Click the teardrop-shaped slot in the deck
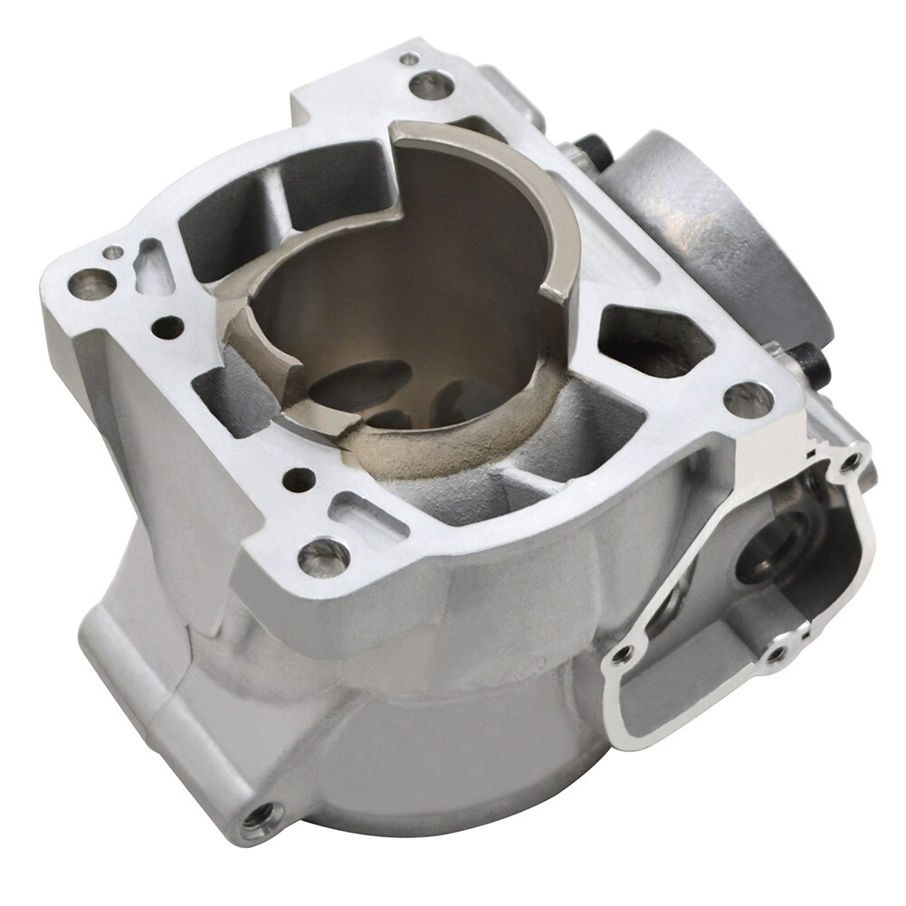[x=153, y=267]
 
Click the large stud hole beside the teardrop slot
[x=92, y=284]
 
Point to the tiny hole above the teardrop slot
[x=112, y=253]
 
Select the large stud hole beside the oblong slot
[x=324, y=556]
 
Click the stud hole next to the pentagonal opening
[x=748, y=399]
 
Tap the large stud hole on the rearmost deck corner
[x=431, y=86]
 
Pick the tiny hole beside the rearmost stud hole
[x=409, y=59]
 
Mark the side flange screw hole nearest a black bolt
[x=849, y=463]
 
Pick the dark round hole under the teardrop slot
[x=167, y=327]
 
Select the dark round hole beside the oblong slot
[x=299, y=480]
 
